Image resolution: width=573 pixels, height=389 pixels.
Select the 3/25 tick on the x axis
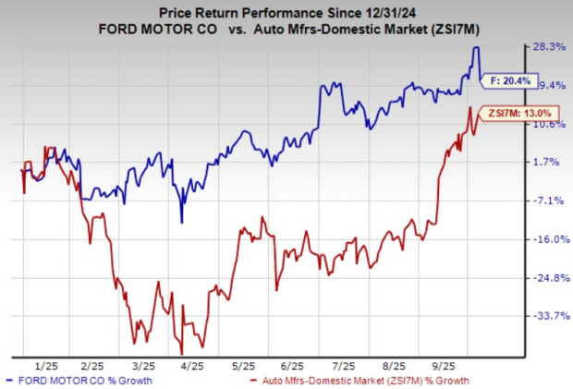point(141,365)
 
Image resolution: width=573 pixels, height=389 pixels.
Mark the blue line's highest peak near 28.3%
point(476,47)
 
